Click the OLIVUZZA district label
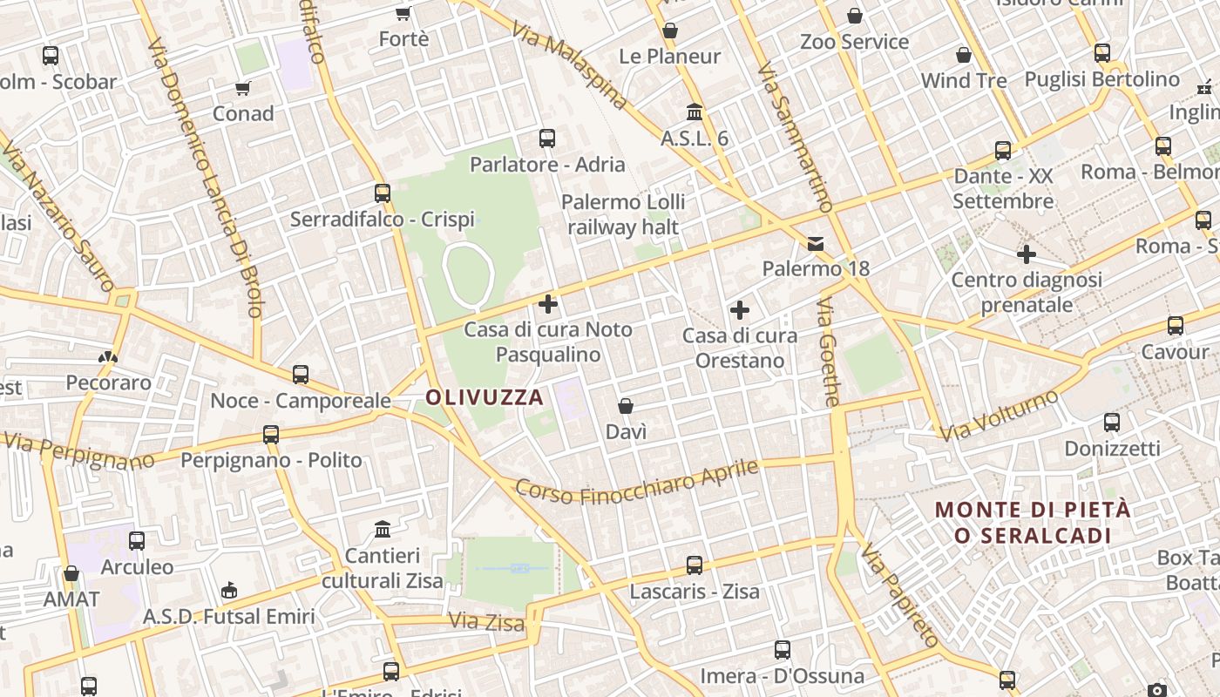point(485,398)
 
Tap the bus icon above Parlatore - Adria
point(547,139)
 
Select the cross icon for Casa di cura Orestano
point(740,310)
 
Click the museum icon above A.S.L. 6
point(695,112)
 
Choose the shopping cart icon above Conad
point(243,88)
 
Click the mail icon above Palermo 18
point(816,243)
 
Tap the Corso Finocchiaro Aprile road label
point(637,482)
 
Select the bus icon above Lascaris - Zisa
point(695,565)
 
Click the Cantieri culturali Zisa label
point(383,567)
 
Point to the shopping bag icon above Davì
point(626,406)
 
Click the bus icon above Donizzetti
point(1112,423)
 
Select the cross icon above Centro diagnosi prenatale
point(1027,254)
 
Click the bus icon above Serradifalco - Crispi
point(383,193)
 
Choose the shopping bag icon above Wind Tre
point(964,55)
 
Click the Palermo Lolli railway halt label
point(623,214)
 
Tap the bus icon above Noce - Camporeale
point(301,375)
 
